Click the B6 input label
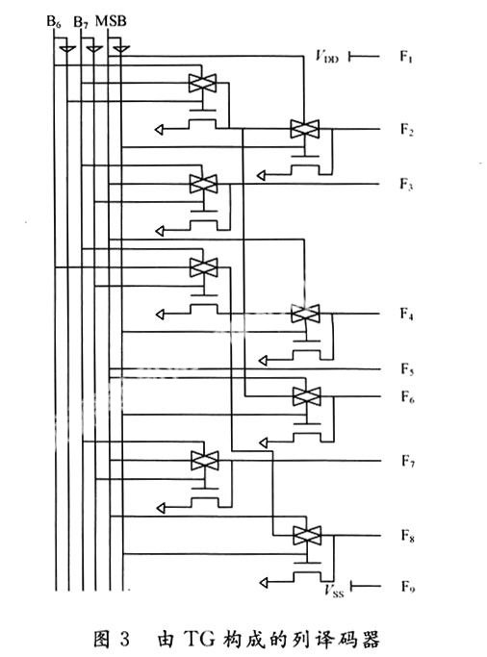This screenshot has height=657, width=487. [x=54, y=21]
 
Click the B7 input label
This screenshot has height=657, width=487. [x=81, y=22]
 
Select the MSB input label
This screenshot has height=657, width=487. [x=111, y=20]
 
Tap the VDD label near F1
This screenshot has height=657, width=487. [x=326, y=56]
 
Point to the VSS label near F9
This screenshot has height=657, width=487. [x=334, y=590]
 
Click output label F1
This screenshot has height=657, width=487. [x=406, y=56]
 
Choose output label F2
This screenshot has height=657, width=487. [x=406, y=130]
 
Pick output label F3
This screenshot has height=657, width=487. [x=406, y=184]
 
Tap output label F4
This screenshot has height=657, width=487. [x=406, y=314]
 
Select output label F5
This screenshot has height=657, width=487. [x=407, y=369]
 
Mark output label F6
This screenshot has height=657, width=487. [x=407, y=396]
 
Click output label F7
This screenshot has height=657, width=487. [x=408, y=461]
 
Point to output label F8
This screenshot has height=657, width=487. [x=408, y=536]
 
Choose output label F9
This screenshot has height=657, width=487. [x=408, y=586]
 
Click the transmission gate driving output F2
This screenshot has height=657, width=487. [x=305, y=129]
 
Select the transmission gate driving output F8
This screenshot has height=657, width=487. [x=307, y=536]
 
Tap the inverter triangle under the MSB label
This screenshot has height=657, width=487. [x=120, y=49]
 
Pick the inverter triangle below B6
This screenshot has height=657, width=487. [x=67, y=49]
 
